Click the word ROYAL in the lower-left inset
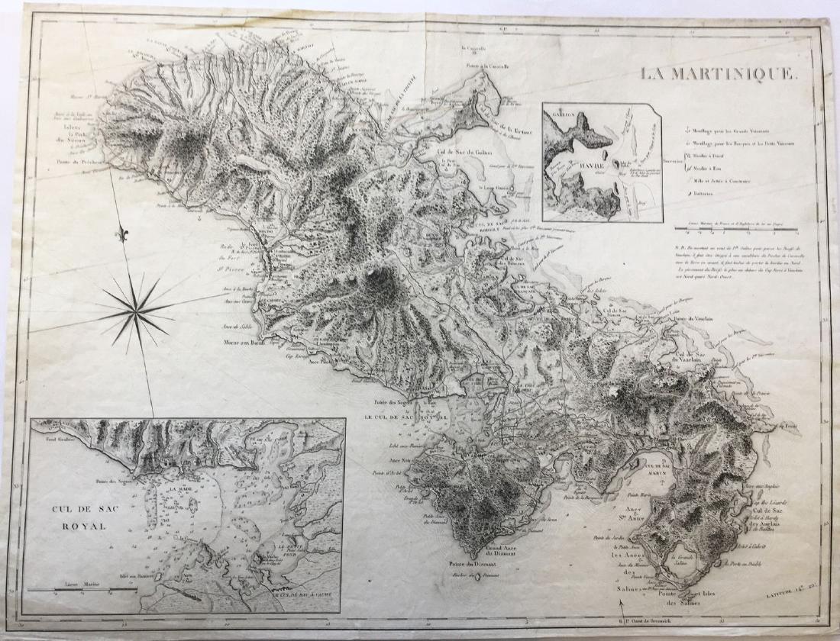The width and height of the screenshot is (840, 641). [x=72, y=526]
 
